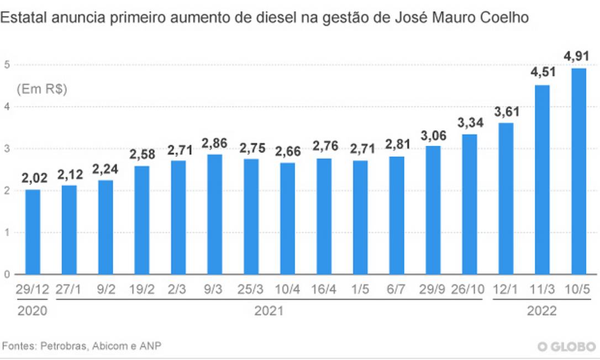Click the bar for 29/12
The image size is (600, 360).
pyautogui.click(x=33, y=232)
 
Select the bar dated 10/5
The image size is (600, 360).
pyautogui.click(x=578, y=171)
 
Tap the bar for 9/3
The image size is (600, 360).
pyautogui.click(x=214, y=214)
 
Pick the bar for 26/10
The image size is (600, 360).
pyautogui.click(x=469, y=204)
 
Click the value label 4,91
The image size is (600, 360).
pyautogui.click(x=578, y=56)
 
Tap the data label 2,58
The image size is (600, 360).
pyautogui.click(x=141, y=154)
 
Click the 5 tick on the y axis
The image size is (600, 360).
pyautogui.click(x=7, y=65)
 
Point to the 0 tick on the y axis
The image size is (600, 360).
pyautogui.click(x=7, y=274)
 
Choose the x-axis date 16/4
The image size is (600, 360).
pyautogui.click(x=324, y=289)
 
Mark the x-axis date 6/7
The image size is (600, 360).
pyautogui.click(x=397, y=289)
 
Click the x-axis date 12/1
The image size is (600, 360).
pyautogui.click(x=506, y=289)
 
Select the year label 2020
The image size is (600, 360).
pyautogui.click(x=33, y=311)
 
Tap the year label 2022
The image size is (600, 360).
pyautogui.click(x=541, y=311)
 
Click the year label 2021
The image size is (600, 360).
pyautogui.click(x=269, y=311)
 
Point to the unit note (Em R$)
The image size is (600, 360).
pyautogui.click(x=42, y=89)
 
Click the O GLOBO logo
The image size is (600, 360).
pyautogui.click(x=566, y=346)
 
